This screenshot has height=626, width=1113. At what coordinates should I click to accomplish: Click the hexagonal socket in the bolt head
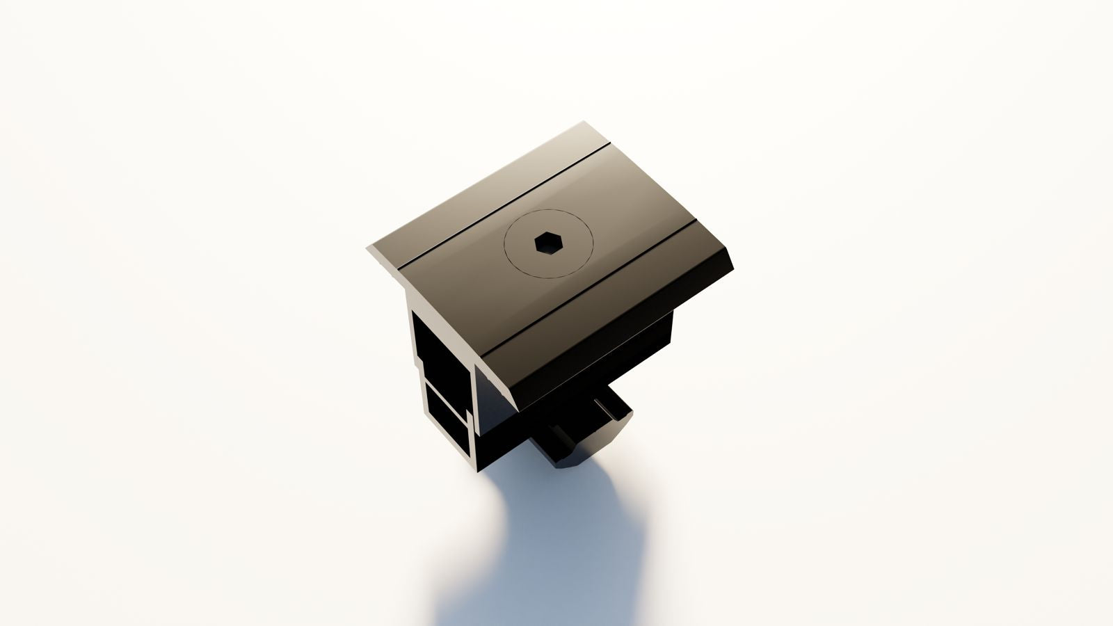coord(547,243)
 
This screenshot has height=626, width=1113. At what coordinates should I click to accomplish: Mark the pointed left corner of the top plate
coord(369,248)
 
